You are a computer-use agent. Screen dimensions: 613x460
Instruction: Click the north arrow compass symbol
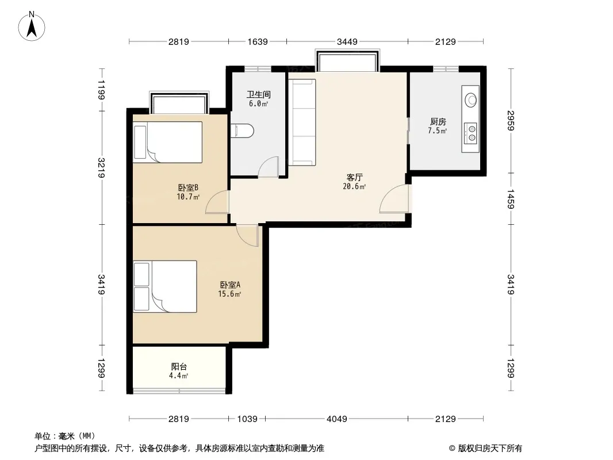coord(32,26)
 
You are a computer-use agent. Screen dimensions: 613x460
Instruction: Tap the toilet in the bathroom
coord(243,131)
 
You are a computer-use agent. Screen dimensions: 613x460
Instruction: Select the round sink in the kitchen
coord(471,99)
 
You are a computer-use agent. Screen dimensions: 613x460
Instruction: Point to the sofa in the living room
coord(302,122)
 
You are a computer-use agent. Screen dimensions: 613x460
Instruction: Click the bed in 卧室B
coord(168,142)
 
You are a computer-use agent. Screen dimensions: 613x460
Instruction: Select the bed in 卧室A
coord(165,286)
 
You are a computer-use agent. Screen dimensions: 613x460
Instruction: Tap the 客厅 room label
coord(354,178)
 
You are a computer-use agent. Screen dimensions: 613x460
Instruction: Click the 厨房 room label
coord(438,121)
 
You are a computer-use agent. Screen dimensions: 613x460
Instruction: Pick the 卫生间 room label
coord(258,94)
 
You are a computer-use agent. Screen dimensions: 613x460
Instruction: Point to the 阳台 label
coord(179,367)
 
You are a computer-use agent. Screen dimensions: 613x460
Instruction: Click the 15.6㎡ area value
coord(229,294)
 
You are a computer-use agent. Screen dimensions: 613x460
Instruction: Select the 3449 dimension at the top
coord(347,41)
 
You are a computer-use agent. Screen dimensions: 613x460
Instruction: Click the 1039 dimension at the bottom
coord(247,419)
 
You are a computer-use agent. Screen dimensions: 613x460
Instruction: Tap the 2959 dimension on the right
coord(511,121)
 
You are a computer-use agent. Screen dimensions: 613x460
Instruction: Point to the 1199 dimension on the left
coord(101,90)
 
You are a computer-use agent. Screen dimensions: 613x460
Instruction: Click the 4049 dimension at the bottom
coord(336,419)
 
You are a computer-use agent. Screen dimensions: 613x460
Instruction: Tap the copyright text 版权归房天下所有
coord(490,448)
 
